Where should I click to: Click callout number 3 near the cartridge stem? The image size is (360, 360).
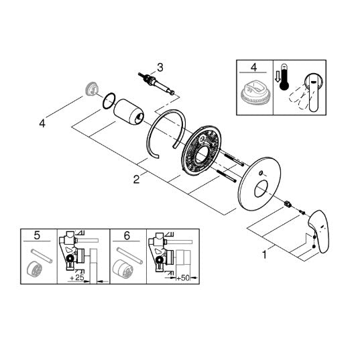tap(160, 68)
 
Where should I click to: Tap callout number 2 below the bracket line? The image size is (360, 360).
tap(136, 179)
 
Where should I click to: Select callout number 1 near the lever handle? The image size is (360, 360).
tap(265, 254)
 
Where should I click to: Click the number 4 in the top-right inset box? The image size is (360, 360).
tap(253, 68)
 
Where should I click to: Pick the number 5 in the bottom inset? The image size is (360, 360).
tap(37, 235)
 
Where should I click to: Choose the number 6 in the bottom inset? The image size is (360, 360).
tap(127, 235)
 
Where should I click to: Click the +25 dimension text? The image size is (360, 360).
tap(77, 278)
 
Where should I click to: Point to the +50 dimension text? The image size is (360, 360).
tap(183, 278)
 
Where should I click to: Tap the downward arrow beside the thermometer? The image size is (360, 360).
tap(278, 76)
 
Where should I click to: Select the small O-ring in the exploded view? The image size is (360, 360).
tap(109, 101)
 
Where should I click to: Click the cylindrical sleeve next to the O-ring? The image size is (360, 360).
tap(129, 112)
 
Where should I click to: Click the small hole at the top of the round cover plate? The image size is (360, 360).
tap(261, 173)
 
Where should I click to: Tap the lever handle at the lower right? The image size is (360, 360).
tap(319, 231)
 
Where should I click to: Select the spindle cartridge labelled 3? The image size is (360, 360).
tap(156, 83)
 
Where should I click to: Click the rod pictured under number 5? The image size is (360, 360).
tap(42, 256)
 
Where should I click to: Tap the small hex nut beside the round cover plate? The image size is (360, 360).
tap(287, 203)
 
